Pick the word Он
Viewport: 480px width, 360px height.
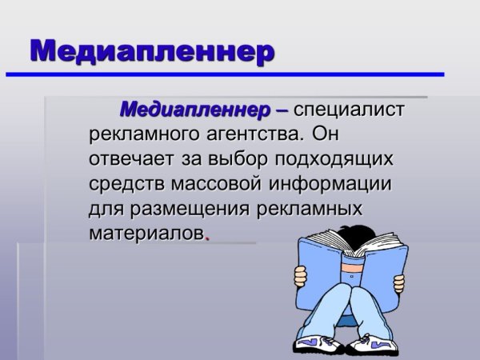(x=329, y=133)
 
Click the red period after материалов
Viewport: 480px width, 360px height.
(x=208, y=238)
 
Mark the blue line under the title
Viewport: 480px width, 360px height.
(x=224, y=74)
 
